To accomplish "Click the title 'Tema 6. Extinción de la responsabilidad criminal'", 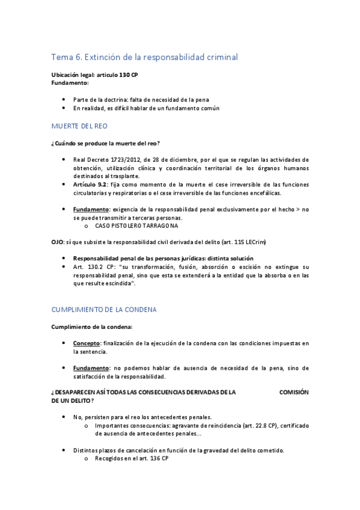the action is (144, 57).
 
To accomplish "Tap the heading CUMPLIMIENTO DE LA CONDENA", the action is (103, 310).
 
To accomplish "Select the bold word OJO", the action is (58, 241).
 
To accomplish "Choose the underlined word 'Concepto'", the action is (87, 343).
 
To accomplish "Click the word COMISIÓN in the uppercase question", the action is (294, 392).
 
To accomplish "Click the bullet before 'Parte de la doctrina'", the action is (64, 99).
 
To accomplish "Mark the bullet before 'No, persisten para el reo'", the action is (64, 417).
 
